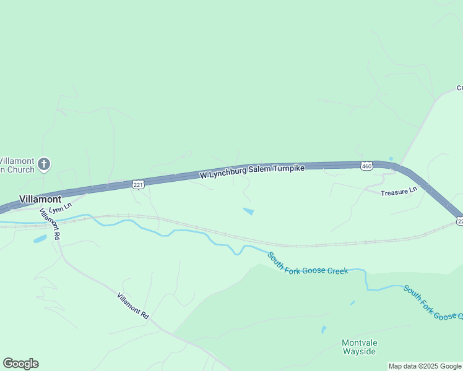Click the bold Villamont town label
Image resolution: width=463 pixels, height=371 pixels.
click(40, 199)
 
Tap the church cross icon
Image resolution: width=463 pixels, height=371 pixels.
click(44, 164)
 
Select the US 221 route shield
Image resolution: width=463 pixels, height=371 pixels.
click(138, 184)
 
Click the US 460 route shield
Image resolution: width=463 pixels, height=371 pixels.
click(366, 166)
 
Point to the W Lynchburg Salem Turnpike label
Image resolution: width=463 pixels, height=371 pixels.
click(253, 172)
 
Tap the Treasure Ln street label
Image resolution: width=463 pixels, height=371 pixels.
click(395, 192)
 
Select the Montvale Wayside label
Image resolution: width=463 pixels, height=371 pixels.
click(359, 347)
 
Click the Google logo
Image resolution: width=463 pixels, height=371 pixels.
click(20, 364)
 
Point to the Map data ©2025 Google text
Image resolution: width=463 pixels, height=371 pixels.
click(425, 366)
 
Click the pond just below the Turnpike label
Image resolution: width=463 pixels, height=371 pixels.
click(248, 211)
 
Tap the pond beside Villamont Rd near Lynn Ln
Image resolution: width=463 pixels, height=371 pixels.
click(40, 239)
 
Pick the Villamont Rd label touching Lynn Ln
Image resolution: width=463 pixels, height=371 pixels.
click(49, 224)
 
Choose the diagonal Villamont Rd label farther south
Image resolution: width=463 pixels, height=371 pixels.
click(133, 305)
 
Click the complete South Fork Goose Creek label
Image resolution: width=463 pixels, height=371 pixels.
click(308, 263)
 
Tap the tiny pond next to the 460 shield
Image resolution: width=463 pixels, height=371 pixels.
click(391, 159)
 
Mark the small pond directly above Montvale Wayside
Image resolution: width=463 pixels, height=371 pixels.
click(323, 330)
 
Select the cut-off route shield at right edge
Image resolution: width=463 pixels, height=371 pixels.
click(460, 221)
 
